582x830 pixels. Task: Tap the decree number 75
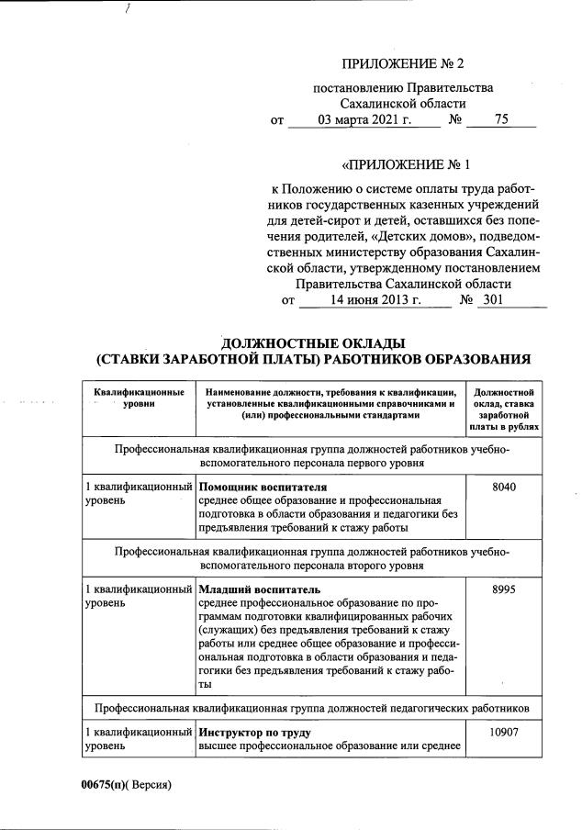tap(500, 119)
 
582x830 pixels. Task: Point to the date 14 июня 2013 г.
tap(375, 299)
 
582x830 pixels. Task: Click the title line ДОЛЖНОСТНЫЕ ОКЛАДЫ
tap(313, 343)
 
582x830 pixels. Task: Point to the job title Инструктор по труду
tap(255, 734)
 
